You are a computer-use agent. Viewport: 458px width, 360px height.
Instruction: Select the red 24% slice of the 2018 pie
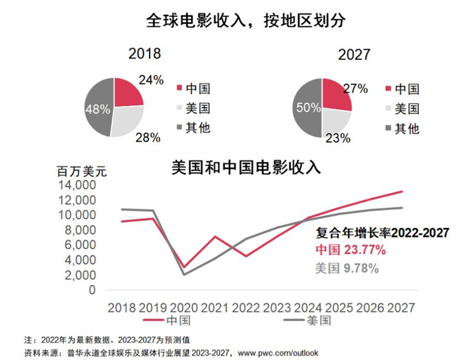click(x=126, y=92)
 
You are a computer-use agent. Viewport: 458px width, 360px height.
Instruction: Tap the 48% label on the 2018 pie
click(x=97, y=109)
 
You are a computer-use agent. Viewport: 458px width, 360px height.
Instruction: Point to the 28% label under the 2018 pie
click(x=147, y=138)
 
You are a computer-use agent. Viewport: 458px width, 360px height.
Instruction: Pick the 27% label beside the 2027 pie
click(x=355, y=89)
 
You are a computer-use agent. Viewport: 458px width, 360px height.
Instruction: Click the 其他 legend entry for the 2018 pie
click(x=198, y=128)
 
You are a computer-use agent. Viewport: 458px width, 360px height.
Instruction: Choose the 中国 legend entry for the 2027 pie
click(x=407, y=89)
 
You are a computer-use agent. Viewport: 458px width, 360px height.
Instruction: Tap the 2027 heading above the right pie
click(x=354, y=54)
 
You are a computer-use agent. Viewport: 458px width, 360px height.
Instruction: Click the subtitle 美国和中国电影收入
click(x=247, y=167)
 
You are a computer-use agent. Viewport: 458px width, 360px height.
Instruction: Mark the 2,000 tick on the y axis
click(x=79, y=275)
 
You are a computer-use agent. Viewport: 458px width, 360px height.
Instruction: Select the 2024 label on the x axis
click(x=310, y=306)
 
